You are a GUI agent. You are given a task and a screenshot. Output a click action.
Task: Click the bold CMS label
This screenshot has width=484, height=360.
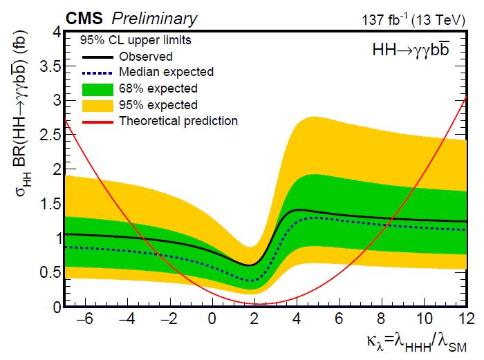click(87, 19)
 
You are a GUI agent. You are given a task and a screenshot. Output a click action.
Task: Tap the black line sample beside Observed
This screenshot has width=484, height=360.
click(96, 57)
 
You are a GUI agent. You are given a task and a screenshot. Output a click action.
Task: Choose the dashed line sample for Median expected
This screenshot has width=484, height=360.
click(96, 72)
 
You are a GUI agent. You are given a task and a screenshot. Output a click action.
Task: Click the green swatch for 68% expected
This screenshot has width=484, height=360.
click(96, 88)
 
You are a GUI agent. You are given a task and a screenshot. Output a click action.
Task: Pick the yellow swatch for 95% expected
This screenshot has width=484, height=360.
click(96, 105)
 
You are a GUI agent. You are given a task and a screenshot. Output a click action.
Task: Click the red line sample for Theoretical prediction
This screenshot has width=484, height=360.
click(96, 121)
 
